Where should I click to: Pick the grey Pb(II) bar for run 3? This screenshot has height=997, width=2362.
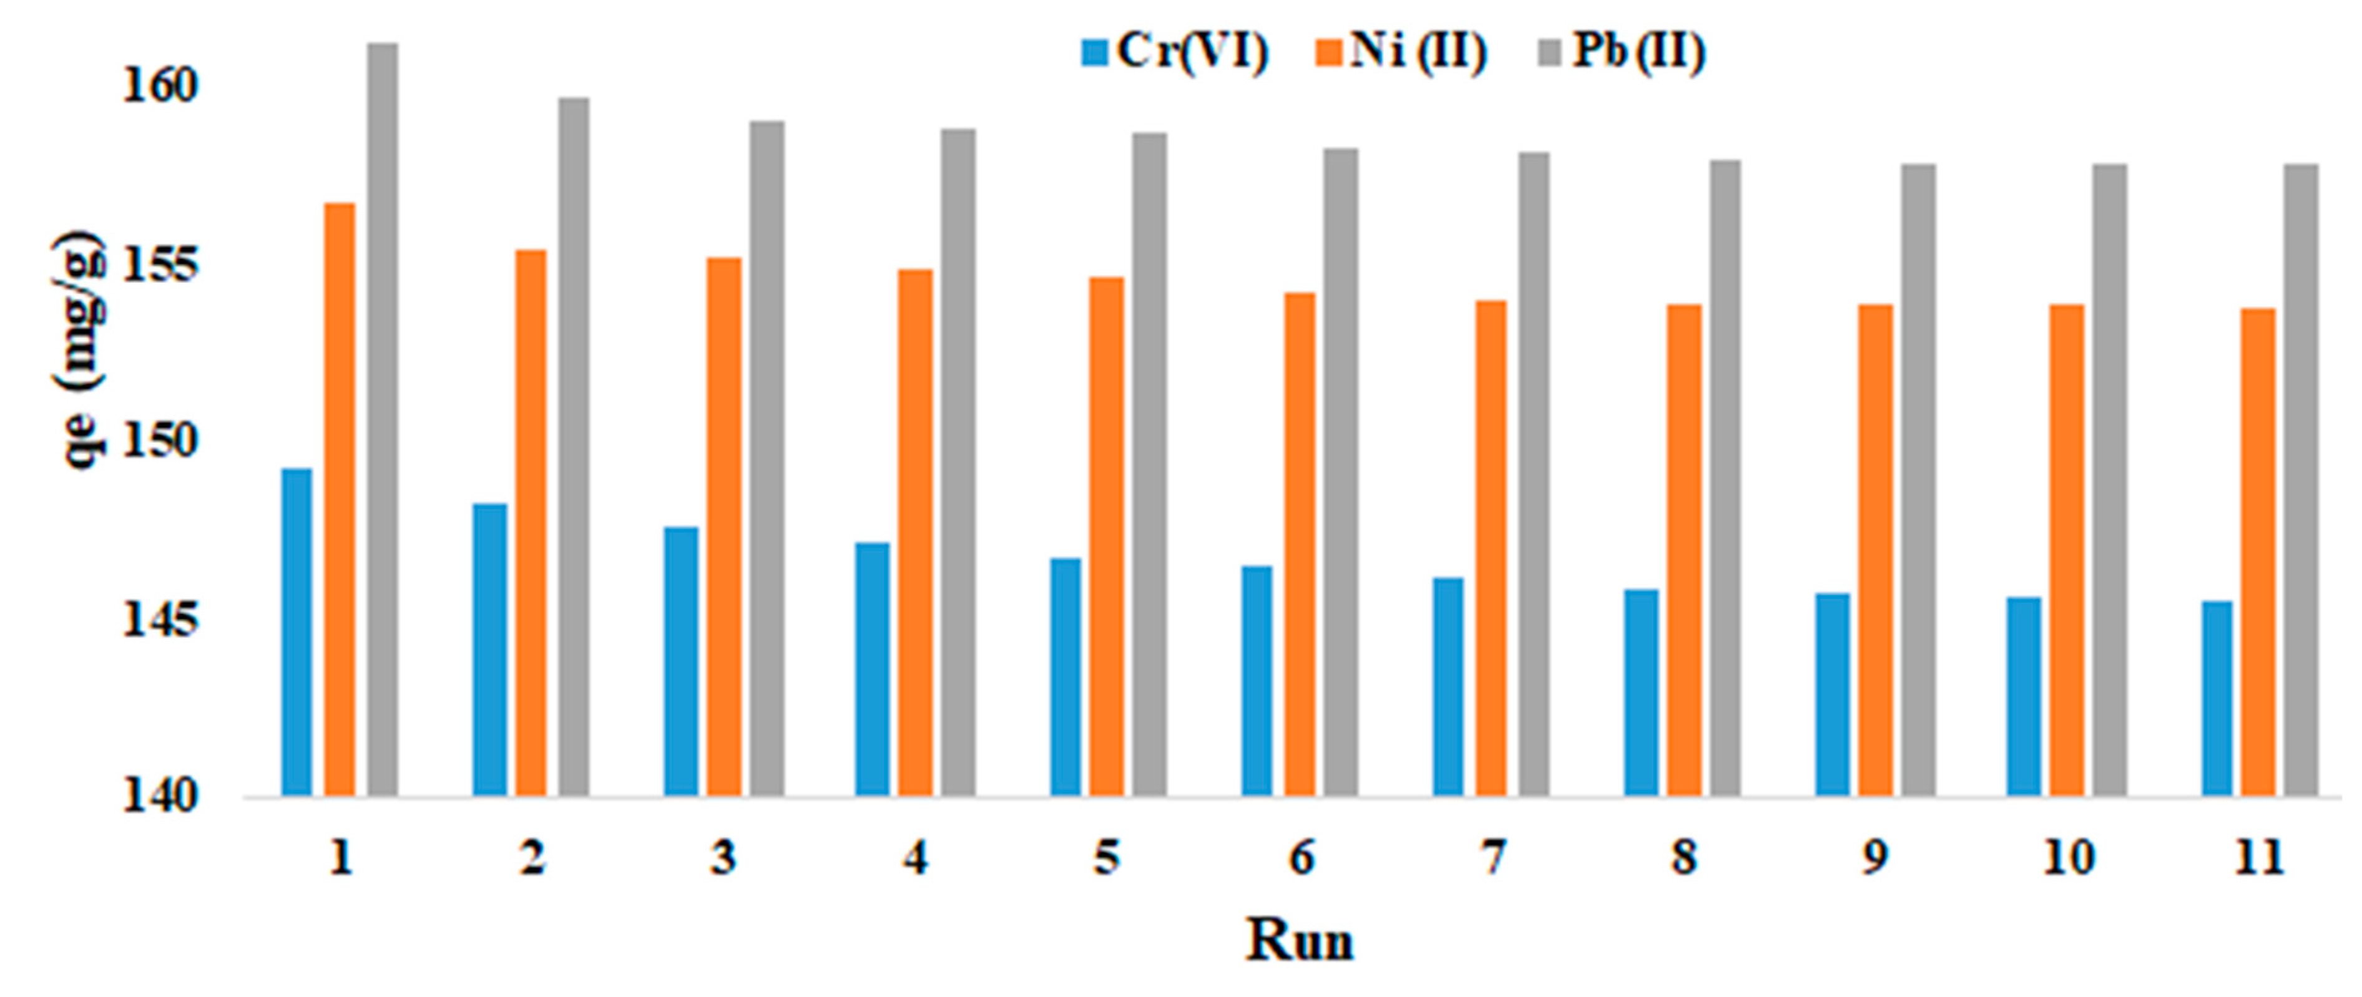click(768, 458)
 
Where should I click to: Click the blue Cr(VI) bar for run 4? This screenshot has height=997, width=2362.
click(872, 669)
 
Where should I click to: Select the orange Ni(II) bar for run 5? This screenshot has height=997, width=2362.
click(1107, 536)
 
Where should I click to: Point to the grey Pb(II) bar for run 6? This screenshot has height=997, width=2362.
click(1341, 472)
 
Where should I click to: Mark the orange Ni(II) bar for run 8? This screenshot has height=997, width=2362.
click(1684, 550)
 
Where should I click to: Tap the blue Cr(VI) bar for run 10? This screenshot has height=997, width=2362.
click(2024, 696)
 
